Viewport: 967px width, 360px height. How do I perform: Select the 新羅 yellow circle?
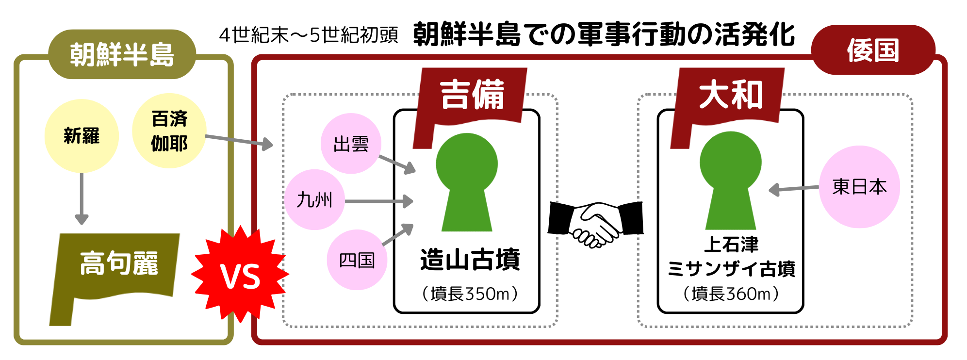click(x=82, y=136)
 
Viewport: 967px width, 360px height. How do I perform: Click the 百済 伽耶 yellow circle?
click(x=169, y=131)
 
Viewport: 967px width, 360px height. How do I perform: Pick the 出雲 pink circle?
click(x=351, y=144)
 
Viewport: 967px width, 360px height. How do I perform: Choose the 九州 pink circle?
click(x=314, y=199)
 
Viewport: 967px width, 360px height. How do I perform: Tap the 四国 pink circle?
click(x=357, y=260)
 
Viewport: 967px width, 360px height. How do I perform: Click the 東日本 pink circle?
click(x=859, y=187)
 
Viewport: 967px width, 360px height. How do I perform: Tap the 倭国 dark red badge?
click(x=873, y=50)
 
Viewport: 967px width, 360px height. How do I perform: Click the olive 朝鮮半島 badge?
click(x=122, y=54)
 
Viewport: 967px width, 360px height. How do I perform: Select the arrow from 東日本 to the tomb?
click(x=794, y=189)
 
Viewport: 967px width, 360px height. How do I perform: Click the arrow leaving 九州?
click(x=378, y=201)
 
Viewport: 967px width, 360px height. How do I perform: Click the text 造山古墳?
click(x=470, y=260)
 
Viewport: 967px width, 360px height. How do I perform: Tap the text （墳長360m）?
click(x=731, y=294)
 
